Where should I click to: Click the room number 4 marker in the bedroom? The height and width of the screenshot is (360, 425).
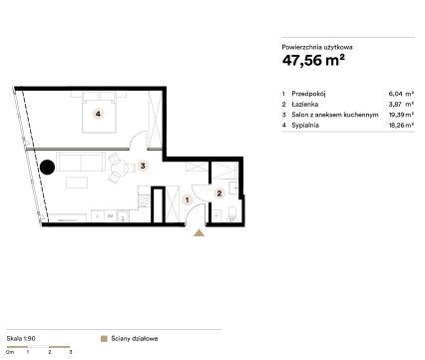click(x=98, y=114)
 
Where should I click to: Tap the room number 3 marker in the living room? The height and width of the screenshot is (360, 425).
click(x=143, y=166)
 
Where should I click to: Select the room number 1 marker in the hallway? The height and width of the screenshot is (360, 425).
click(x=188, y=200)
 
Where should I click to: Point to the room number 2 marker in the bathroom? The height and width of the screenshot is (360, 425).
click(x=219, y=193)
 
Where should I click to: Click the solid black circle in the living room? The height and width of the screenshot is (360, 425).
click(x=47, y=168)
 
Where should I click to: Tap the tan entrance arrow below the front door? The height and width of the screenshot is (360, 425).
click(x=199, y=232)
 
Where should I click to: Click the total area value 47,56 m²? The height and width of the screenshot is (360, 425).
click(x=313, y=60)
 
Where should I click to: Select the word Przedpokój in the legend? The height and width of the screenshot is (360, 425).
click(x=308, y=94)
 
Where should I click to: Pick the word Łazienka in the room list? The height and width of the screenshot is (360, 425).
click(x=305, y=104)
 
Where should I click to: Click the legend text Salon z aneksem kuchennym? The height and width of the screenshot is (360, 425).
click(x=335, y=115)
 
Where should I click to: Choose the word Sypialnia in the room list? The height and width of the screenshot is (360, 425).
click(x=305, y=126)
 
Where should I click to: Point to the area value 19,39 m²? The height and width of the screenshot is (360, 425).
click(x=401, y=115)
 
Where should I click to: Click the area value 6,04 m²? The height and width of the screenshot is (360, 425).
click(x=401, y=94)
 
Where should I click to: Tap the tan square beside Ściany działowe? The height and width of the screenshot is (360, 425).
click(x=104, y=339)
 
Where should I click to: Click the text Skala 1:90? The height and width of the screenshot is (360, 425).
click(x=21, y=339)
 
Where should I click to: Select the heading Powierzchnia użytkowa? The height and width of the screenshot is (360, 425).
click(x=317, y=47)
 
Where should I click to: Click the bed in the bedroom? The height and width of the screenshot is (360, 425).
click(x=99, y=113)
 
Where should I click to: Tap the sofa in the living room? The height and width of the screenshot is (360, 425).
click(x=81, y=162)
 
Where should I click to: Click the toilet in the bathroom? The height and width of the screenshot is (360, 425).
click(x=232, y=213)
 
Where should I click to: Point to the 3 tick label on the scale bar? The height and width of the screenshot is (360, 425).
click(x=71, y=352)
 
